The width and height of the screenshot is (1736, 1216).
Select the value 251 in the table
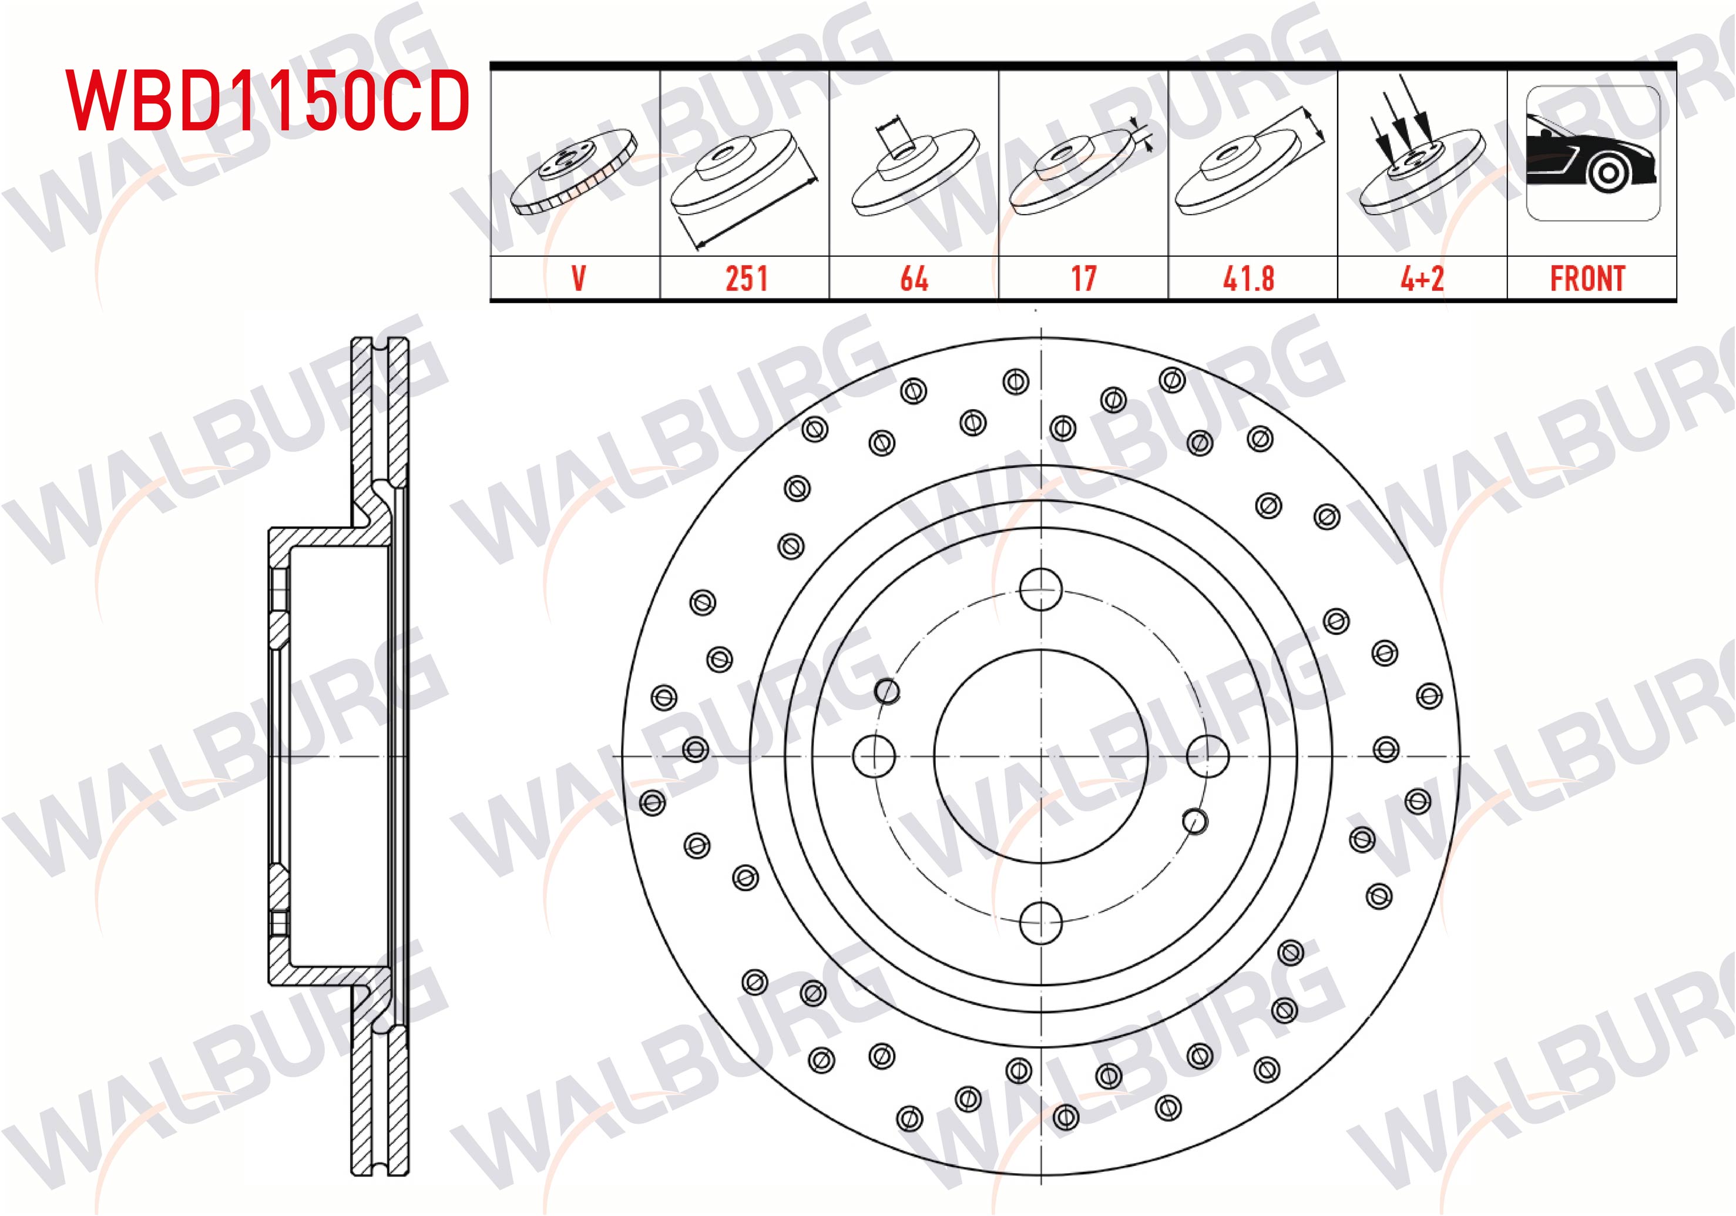tap(746, 279)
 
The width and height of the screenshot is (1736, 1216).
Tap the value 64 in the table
tap(914, 279)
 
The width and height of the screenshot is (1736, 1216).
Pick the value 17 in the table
tap(1083, 279)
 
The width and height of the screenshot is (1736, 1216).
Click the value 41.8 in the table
tap(1249, 279)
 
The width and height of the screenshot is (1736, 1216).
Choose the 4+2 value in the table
tap(1422, 279)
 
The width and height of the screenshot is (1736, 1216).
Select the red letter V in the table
tap(579, 279)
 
